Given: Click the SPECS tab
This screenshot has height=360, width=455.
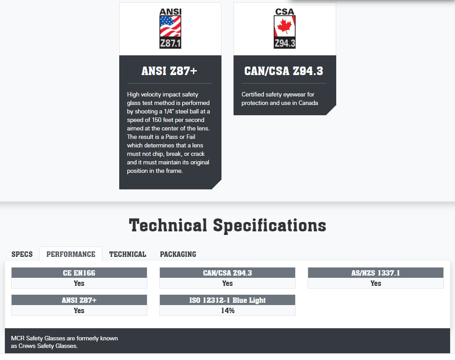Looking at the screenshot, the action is (x=22, y=254).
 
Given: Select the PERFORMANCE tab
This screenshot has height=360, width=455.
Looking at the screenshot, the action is (x=71, y=254).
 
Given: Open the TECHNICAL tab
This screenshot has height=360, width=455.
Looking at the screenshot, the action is (x=128, y=254).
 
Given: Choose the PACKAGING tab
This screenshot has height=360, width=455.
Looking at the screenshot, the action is (x=178, y=254).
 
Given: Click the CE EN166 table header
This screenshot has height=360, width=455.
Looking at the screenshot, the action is (x=79, y=273).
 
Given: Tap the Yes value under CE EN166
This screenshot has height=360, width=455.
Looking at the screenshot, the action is (x=79, y=283).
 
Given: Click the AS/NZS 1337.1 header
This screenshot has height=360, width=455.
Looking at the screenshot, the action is (x=376, y=273).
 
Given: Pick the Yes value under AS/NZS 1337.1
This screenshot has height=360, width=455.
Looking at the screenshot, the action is (x=376, y=283).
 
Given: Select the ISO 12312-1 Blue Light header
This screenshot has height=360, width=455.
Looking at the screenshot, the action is (x=228, y=300).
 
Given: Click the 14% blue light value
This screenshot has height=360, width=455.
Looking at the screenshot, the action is (x=228, y=311).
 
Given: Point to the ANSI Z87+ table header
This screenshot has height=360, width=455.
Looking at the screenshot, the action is (x=79, y=300).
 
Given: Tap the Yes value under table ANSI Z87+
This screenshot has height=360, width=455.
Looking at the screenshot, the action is (x=79, y=311).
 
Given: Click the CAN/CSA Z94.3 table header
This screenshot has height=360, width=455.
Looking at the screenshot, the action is (x=228, y=273).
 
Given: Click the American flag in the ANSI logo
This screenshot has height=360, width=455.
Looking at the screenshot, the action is (x=170, y=26).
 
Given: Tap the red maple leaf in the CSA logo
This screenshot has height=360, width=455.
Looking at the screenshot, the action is (x=284, y=26).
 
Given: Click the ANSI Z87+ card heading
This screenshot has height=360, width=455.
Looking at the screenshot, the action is (x=170, y=71).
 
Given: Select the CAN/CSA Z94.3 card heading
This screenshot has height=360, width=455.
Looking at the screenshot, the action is (x=284, y=71).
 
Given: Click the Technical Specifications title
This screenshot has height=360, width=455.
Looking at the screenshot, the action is (x=228, y=225).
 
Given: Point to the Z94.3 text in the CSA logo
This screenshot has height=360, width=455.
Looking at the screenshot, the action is (x=285, y=43).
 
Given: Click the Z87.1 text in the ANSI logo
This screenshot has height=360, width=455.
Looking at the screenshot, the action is (x=170, y=43).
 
